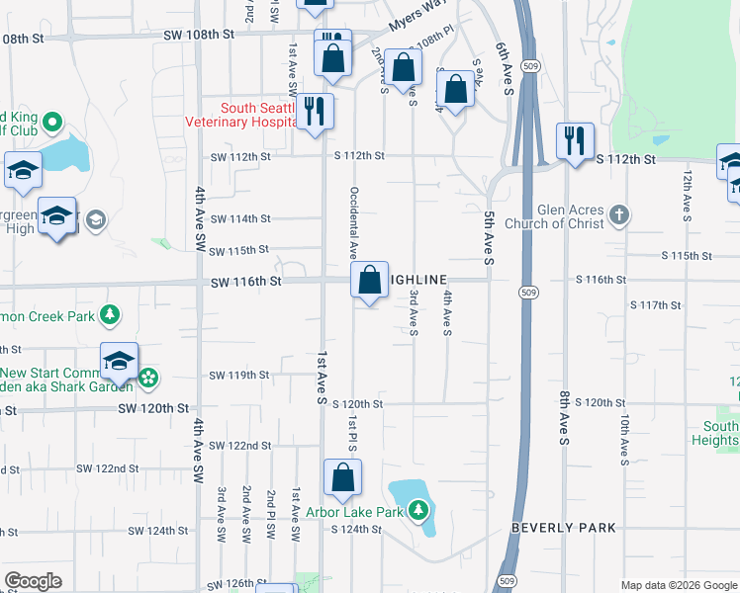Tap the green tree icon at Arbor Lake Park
pyautogui.click(x=419, y=511)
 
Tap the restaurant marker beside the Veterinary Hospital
pyautogui.click(x=314, y=111)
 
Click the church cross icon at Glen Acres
pyautogui.click(x=618, y=214)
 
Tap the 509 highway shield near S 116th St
pyautogui.click(x=526, y=291)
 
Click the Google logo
pyautogui.click(x=34, y=581)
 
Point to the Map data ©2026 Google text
pyautogui.click(x=679, y=584)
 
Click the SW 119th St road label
pyautogui.click(x=239, y=376)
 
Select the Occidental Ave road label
pyautogui.click(x=353, y=222)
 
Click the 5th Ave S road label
pyautogui.click(x=489, y=238)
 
